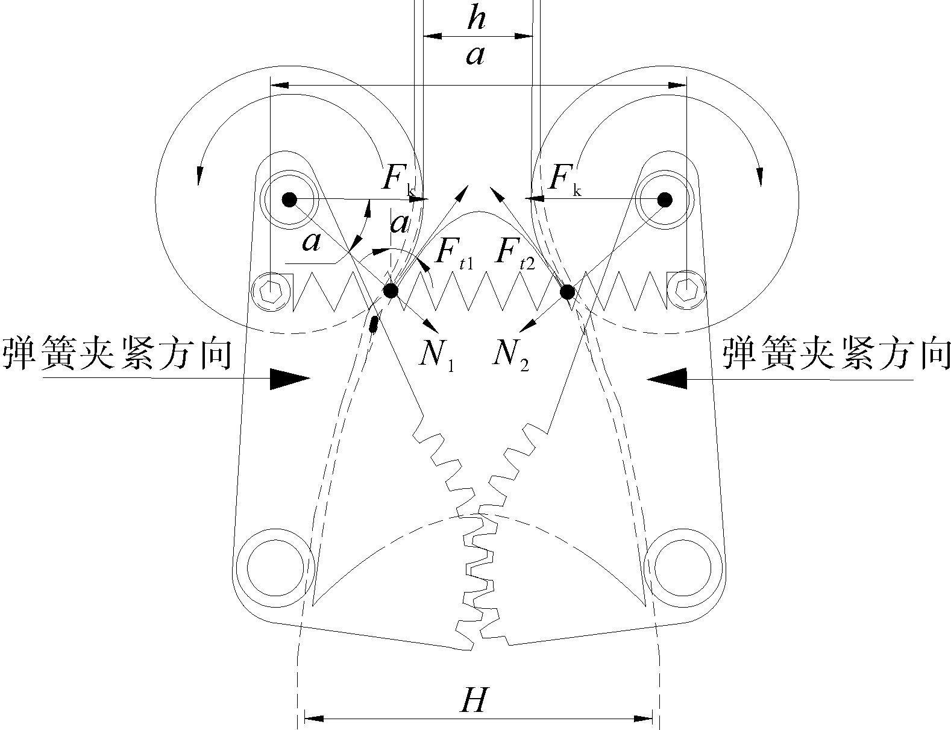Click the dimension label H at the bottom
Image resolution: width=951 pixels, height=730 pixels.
pos(473,701)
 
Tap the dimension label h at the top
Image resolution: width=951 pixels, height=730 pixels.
pos(476,19)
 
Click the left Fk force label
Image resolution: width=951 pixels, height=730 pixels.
pos(397,180)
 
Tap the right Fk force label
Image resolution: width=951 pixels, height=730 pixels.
pos(565,180)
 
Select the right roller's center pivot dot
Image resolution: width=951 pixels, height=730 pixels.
pos(664,199)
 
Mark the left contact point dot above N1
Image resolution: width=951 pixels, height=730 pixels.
pos(391,291)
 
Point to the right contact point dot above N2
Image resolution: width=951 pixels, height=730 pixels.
pos(567,292)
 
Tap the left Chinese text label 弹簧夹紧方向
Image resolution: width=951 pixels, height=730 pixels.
pos(118,354)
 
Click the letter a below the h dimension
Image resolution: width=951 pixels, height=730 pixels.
pos(475,56)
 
